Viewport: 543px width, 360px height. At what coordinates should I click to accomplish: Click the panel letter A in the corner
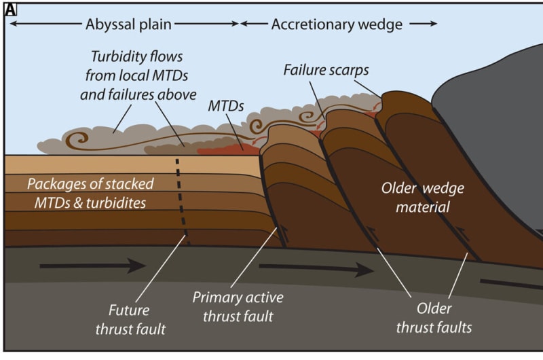point(10,10)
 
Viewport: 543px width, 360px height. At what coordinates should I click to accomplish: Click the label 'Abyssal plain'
point(128,24)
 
